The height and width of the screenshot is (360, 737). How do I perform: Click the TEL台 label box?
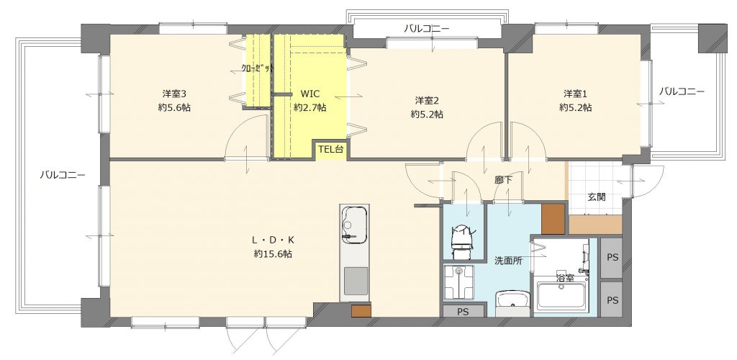331,150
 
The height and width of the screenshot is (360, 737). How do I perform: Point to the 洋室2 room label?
427,100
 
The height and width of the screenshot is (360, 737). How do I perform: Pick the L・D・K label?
273,240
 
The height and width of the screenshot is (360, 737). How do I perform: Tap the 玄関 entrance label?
597,197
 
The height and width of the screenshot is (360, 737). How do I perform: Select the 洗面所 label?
507,261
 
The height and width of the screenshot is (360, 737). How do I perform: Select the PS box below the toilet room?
463,310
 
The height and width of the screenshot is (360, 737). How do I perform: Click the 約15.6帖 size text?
273,254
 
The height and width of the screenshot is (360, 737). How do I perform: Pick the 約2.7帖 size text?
309,107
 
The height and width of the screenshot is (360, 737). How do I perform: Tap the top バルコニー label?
426,29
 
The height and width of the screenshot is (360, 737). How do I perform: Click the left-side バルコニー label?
62,175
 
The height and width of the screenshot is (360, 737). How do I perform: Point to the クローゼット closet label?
258,68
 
